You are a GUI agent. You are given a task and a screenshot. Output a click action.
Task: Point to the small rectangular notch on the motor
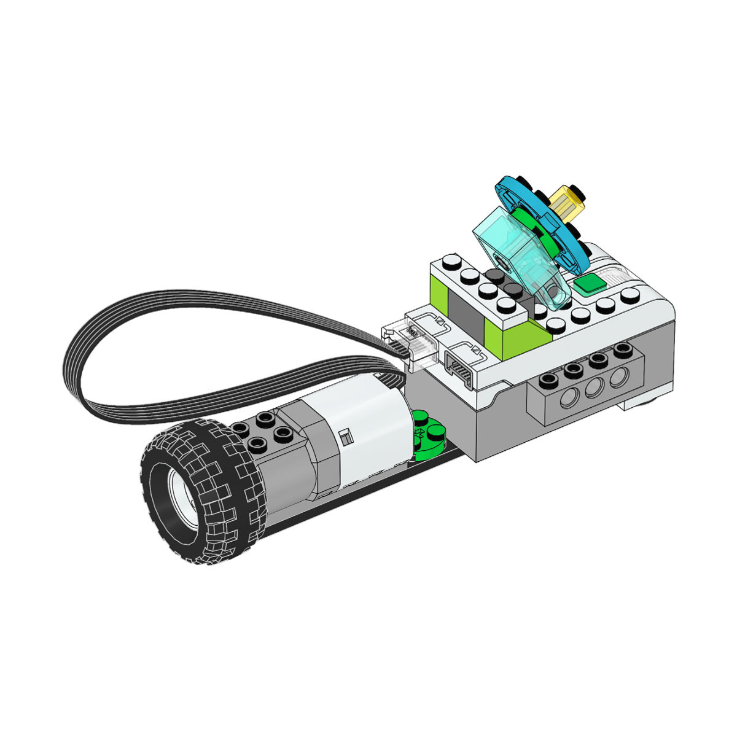click(x=345, y=437)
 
